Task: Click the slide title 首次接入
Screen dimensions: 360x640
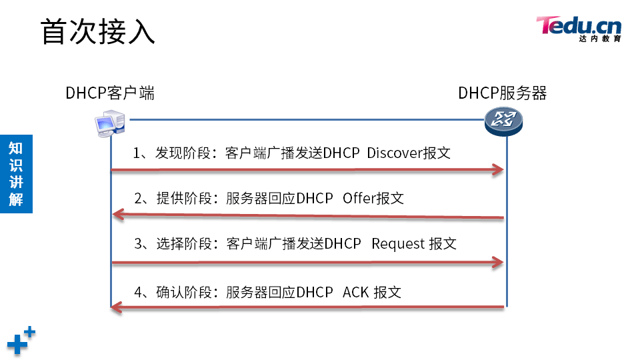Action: (x=98, y=31)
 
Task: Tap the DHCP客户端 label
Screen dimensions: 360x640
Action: (x=110, y=93)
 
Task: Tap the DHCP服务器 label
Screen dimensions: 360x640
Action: (x=503, y=93)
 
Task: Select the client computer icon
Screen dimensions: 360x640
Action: (x=109, y=125)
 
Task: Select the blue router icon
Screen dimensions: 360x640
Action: (x=503, y=121)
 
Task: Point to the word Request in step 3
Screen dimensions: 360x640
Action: (x=398, y=243)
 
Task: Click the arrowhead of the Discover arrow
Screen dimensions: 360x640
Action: (x=497, y=170)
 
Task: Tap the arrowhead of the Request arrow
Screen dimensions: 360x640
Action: (x=497, y=262)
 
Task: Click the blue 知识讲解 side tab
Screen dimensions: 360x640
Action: (x=16, y=173)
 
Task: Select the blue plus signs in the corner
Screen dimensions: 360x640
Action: (x=21, y=341)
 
